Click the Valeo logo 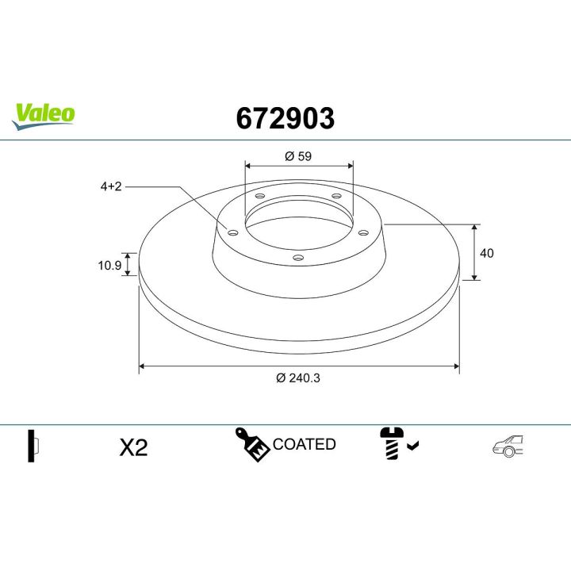pyautogui.click(x=44, y=113)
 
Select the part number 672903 pyautogui.click(x=285, y=118)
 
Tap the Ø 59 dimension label pyautogui.click(x=298, y=156)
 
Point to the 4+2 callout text pyautogui.click(x=111, y=186)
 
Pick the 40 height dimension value pyautogui.click(x=487, y=253)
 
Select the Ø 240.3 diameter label pyautogui.click(x=298, y=378)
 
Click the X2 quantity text pyautogui.click(x=133, y=447)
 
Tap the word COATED pyautogui.click(x=305, y=445)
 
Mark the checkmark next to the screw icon pyautogui.click(x=412, y=446)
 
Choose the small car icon pyautogui.click(x=508, y=446)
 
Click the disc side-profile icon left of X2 pyautogui.click(x=33, y=446)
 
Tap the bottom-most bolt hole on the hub pyautogui.click(x=297, y=257)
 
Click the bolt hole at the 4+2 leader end pyautogui.click(x=232, y=232)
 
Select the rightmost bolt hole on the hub pyautogui.click(x=362, y=232)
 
